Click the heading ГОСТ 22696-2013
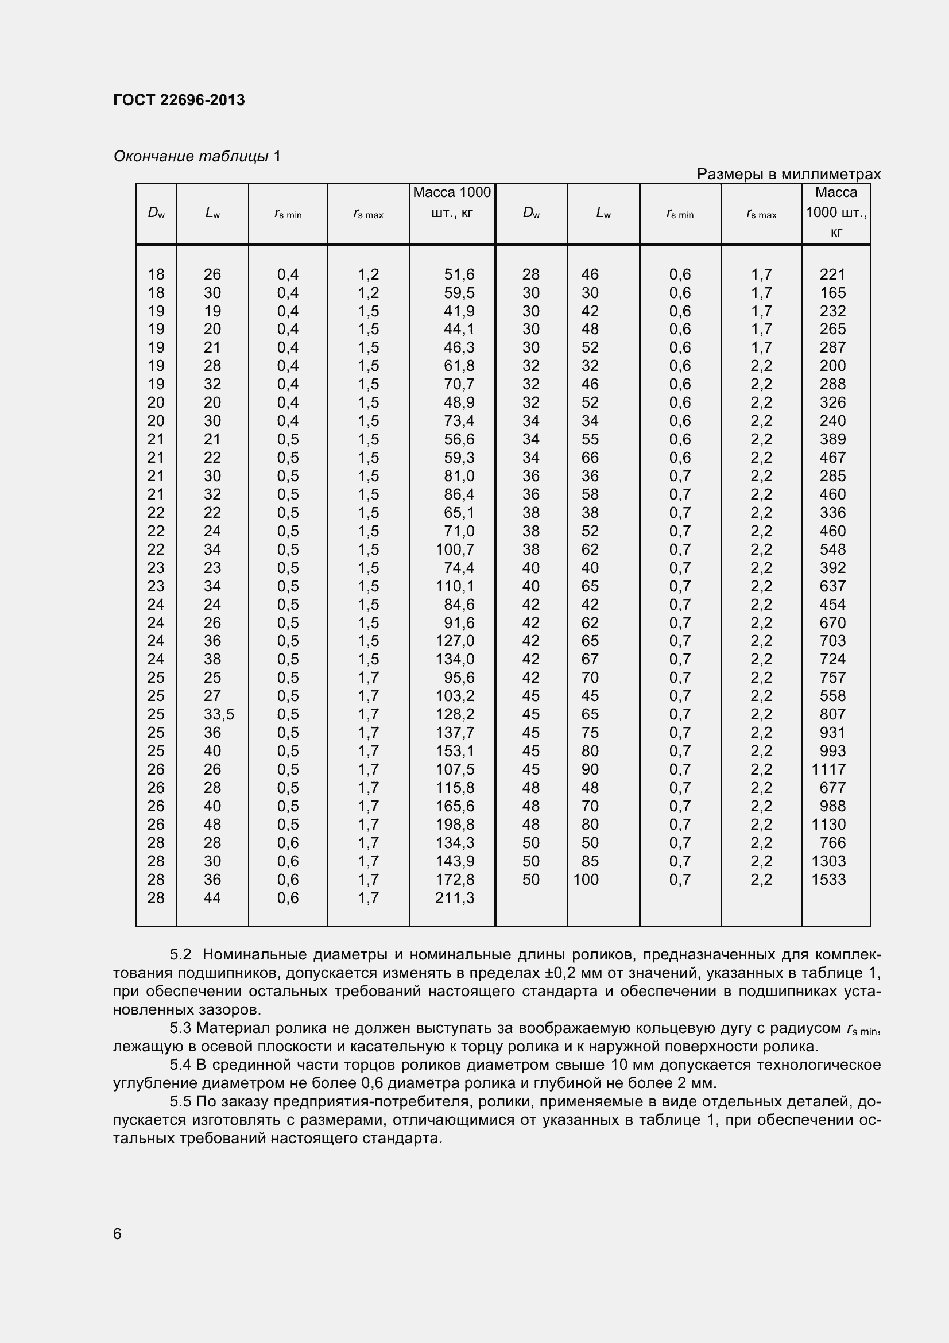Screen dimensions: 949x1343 pyautogui.click(x=179, y=100)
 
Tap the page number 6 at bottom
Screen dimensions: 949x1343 pyautogui.click(x=118, y=1233)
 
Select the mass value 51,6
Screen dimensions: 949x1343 pyautogui.click(x=459, y=274)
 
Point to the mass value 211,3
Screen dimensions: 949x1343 pyautogui.click(x=454, y=898)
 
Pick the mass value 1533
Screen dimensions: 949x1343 pyautogui.click(x=828, y=880)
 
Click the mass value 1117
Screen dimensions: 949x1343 pyautogui.click(x=828, y=769)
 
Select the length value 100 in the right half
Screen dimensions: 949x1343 pyautogui.click(x=586, y=880)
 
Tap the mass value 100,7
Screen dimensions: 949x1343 pyautogui.click(x=454, y=549)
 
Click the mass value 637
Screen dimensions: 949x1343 pyautogui.click(x=832, y=586)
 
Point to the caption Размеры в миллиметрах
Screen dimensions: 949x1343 pyautogui.click(x=788, y=175)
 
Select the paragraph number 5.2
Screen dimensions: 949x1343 pyautogui.click(x=181, y=955)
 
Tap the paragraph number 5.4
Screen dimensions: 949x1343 pyautogui.click(x=181, y=1065)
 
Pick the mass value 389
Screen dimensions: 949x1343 pyautogui.click(x=832, y=439)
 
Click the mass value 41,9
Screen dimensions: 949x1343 pyautogui.click(x=459, y=311)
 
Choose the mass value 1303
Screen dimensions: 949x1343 pyautogui.click(x=828, y=861)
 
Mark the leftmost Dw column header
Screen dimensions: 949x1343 pyautogui.click(x=156, y=214)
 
